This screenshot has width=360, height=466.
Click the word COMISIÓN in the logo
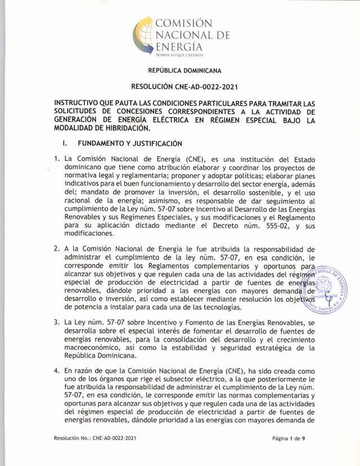coord(184,24)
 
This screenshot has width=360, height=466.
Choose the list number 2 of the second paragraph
coord(57,249)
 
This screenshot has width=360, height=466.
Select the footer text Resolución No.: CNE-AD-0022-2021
coord(95,437)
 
